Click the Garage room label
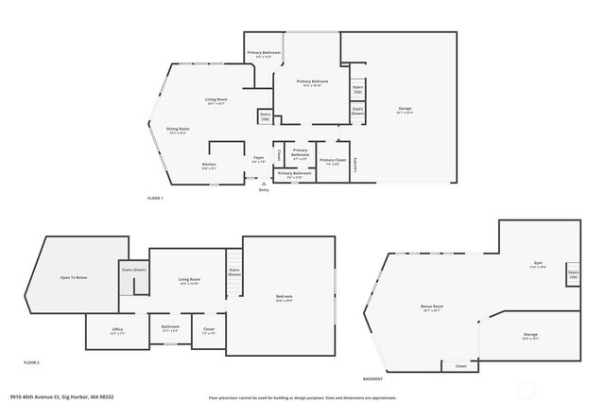(x=404, y=111)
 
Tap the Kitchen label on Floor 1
(x=209, y=167)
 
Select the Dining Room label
(x=177, y=131)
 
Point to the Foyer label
(x=258, y=159)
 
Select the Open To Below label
(x=74, y=277)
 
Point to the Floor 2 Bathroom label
(x=170, y=328)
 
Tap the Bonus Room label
(x=432, y=307)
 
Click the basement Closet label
(x=460, y=365)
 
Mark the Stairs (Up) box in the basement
(x=573, y=274)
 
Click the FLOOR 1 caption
(x=156, y=198)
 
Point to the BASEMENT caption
(x=372, y=378)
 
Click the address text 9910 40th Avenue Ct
(x=47, y=397)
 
